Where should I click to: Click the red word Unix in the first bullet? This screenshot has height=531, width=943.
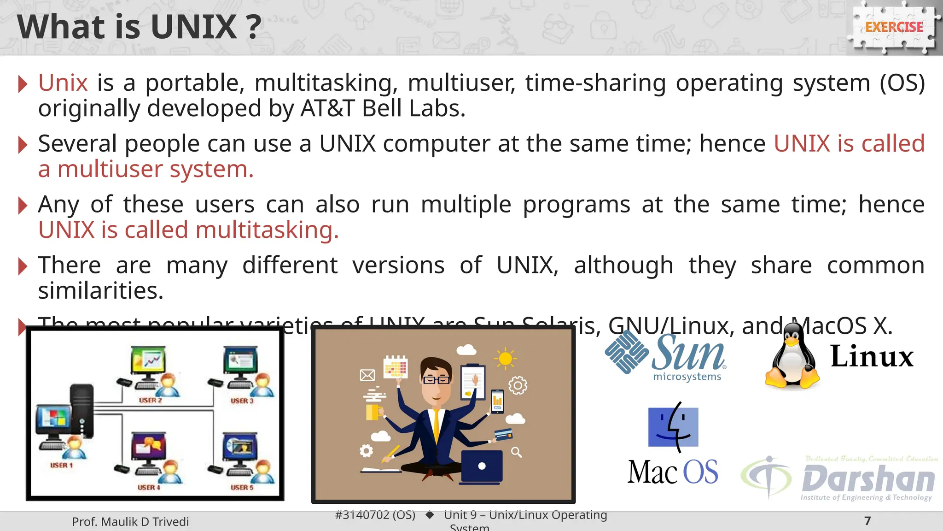tap(63, 83)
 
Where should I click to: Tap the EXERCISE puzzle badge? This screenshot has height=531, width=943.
tap(894, 27)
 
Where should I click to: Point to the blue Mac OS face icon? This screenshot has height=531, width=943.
tap(673, 427)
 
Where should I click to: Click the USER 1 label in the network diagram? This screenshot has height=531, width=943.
tap(61, 465)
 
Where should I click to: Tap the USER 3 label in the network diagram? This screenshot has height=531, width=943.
tap(242, 401)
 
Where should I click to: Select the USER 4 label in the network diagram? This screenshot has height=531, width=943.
tap(149, 487)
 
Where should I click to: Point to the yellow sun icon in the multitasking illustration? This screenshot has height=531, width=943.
tap(505, 359)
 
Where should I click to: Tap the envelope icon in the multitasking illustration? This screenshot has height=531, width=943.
tap(367, 375)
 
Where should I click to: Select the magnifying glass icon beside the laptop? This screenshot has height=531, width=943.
tap(516, 452)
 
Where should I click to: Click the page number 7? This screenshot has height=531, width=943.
tap(867, 521)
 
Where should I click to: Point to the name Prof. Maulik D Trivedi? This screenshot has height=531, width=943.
tap(130, 522)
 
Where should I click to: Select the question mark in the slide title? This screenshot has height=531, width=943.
tap(253, 28)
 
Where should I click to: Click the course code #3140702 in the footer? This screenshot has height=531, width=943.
tap(375, 515)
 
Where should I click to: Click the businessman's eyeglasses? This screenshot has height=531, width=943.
tap(436, 380)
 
